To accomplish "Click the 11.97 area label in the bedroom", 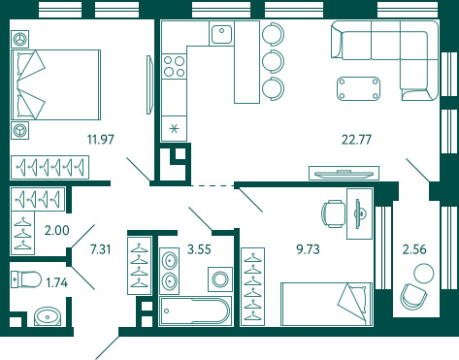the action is (x=101, y=140).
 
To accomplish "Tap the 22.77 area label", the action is (x=356, y=140).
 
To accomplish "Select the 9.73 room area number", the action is (x=308, y=249).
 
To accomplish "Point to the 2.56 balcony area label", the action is (x=414, y=249).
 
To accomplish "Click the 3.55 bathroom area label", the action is (x=199, y=249).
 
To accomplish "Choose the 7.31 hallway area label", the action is (x=100, y=249).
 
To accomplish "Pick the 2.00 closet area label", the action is (x=57, y=230).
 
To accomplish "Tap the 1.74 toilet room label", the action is (x=57, y=282).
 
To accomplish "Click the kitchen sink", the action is (x=221, y=34).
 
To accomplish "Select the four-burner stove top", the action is (x=174, y=66).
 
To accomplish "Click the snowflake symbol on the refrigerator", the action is (x=174, y=129).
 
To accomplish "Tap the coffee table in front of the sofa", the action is (x=358, y=88).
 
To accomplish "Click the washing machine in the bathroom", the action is (x=220, y=279).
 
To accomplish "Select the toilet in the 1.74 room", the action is (x=26, y=279).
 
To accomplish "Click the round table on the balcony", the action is (x=424, y=274).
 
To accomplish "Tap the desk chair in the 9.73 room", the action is (x=333, y=213).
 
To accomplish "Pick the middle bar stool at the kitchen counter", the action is (x=274, y=61).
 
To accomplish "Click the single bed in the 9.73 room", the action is (x=326, y=304).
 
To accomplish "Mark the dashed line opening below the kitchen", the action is (x=213, y=186).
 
